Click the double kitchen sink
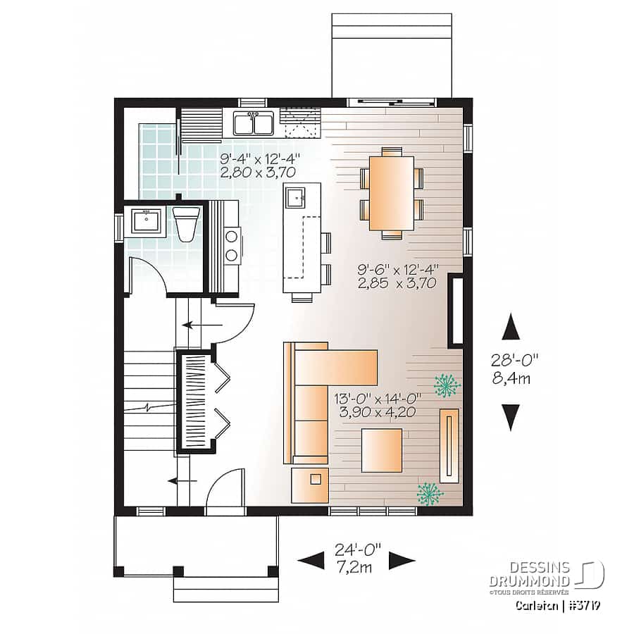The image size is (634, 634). coord(254,123)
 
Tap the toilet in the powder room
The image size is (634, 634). coord(186,225)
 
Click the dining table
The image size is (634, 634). coord(392,193)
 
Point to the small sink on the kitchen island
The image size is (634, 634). coord(297,198)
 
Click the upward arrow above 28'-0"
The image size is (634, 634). coord(511,326)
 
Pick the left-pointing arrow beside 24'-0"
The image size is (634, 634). coord(311,561)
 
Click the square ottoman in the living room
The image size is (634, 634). coord(382,450)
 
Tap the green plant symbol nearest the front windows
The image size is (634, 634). coord(430,494)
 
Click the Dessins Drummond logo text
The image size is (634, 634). coord(530,574)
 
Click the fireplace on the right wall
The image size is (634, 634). coord(456,311)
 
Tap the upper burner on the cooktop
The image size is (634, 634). coord(232,235)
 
